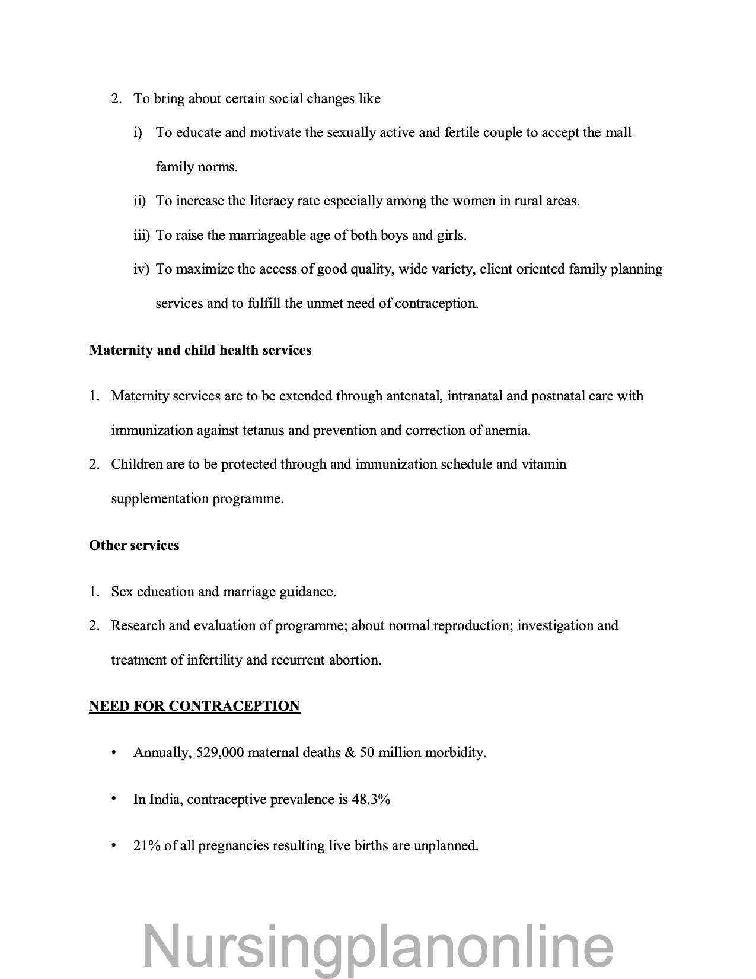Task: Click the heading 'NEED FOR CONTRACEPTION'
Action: click(194, 706)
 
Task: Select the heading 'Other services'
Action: click(134, 545)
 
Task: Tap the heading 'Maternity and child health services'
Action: click(200, 350)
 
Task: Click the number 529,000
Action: click(219, 753)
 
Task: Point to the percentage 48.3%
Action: click(371, 799)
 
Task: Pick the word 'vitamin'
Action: click(544, 464)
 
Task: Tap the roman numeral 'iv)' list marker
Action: click(141, 269)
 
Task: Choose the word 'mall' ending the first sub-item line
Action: click(618, 132)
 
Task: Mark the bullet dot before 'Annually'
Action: click(113, 752)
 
